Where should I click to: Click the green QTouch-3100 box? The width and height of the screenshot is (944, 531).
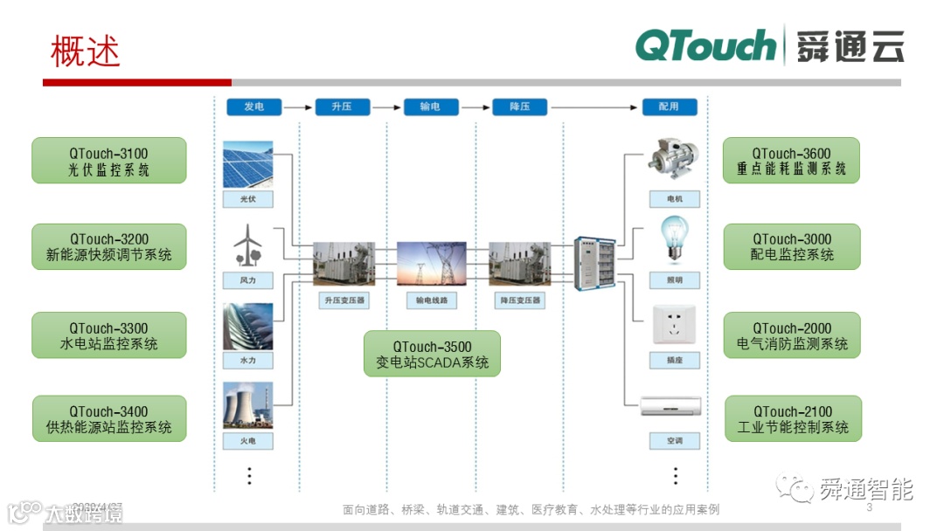pyautogui.click(x=109, y=161)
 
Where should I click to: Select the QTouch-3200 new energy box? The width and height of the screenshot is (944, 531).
pyautogui.click(x=109, y=246)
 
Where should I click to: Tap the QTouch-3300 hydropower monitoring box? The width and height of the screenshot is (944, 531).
pyautogui.click(x=109, y=335)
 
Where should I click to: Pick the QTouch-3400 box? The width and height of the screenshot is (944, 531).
pyautogui.click(x=109, y=419)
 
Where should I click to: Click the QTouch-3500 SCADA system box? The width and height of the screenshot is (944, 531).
pyautogui.click(x=432, y=354)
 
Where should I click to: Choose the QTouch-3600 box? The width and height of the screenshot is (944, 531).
pyautogui.click(x=791, y=161)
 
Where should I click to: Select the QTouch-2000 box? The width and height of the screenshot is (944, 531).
pyautogui.click(x=792, y=335)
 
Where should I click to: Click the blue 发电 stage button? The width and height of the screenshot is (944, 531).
pyautogui.click(x=253, y=107)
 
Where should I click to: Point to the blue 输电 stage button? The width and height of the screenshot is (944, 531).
pyautogui.click(x=430, y=107)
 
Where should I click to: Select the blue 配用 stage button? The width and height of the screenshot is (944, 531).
pyautogui.click(x=670, y=107)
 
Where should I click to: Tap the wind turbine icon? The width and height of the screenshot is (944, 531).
pyautogui.click(x=247, y=245)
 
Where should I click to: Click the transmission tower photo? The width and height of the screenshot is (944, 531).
pyautogui.click(x=432, y=265)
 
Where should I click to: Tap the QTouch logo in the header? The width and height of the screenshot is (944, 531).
pyautogui.click(x=705, y=45)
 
